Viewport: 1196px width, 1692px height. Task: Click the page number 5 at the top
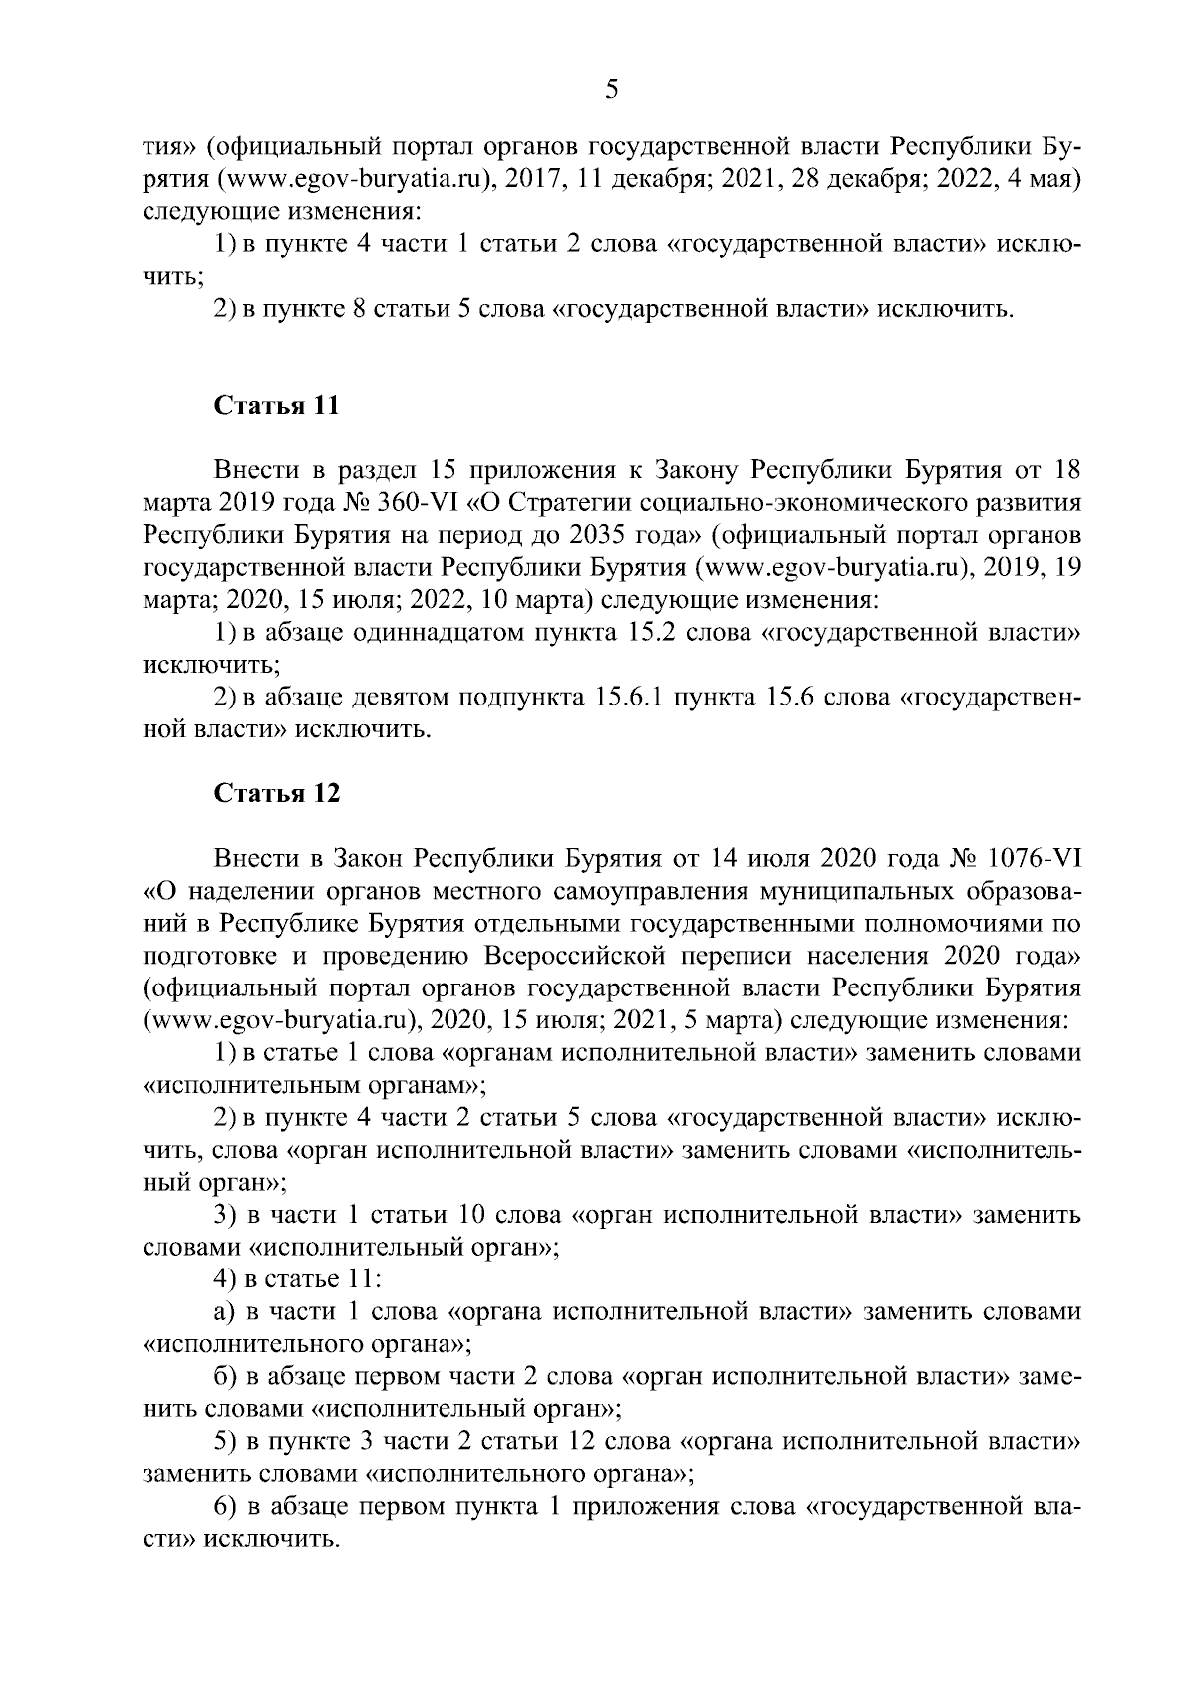pyautogui.click(x=611, y=91)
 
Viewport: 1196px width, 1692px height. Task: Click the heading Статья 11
pyautogui.click(x=276, y=406)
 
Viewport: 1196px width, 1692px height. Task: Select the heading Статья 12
pyautogui.click(x=276, y=793)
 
